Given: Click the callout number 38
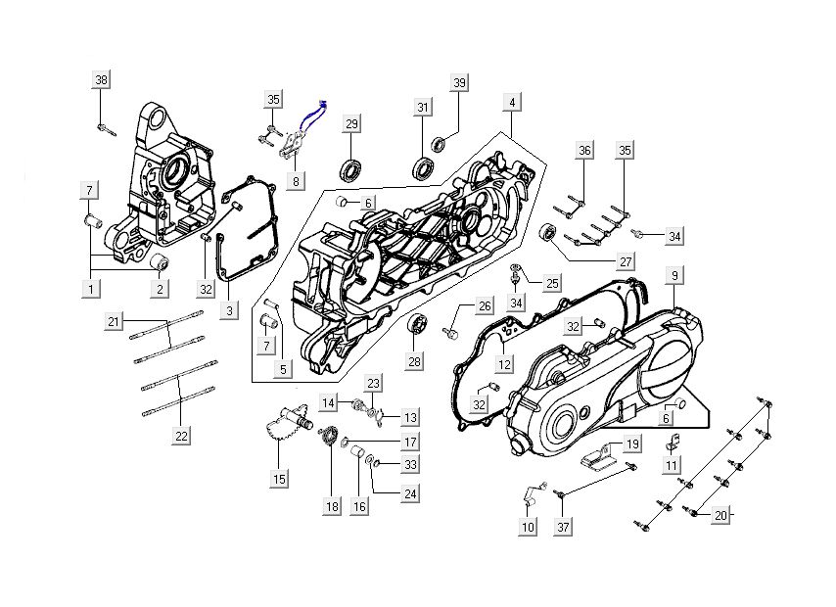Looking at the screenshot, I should click(x=102, y=80).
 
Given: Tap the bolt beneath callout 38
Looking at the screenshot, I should click(x=105, y=127).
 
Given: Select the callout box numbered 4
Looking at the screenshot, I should click(x=511, y=102).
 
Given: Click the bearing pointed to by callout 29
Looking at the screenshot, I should click(x=351, y=169).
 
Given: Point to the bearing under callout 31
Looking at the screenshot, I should click(x=424, y=167).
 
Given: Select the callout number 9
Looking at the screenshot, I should click(x=674, y=276).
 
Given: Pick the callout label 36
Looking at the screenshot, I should click(x=584, y=151).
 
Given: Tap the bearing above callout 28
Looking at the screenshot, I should click(x=416, y=325).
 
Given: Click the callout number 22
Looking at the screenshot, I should click(x=181, y=436).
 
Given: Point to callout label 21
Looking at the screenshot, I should click(x=115, y=321).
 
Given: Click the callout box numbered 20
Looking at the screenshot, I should click(x=720, y=516).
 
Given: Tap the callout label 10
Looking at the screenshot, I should click(x=529, y=528).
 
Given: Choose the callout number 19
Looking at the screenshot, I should click(x=632, y=444).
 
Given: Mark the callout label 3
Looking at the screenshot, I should click(x=229, y=311).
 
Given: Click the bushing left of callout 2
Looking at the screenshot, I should click(x=161, y=264).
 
